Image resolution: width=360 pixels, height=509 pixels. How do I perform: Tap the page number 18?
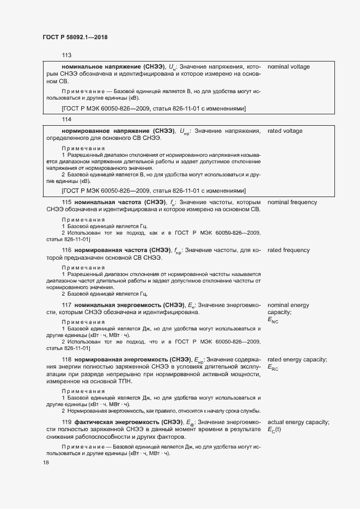click(46, 463)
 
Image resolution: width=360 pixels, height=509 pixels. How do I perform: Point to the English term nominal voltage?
click(289, 66)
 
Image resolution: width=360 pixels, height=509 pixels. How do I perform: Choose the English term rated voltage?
click(285, 131)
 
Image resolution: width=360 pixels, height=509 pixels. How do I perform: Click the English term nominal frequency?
click(292, 203)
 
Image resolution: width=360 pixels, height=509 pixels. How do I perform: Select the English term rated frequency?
click(289, 250)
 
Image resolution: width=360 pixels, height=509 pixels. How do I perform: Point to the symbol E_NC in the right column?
click(273, 321)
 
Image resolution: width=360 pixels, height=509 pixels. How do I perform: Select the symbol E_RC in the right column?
click(273, 368)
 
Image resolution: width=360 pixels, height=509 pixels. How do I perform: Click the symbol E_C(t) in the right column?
click(275, 430)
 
